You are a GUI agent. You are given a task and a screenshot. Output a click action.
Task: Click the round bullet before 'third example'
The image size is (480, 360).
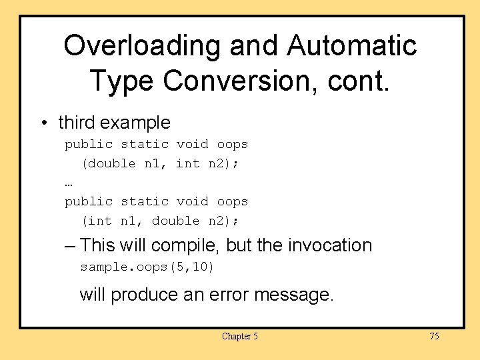[43, 123]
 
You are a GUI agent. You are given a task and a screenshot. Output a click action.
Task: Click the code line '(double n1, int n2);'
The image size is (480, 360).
[160, 163]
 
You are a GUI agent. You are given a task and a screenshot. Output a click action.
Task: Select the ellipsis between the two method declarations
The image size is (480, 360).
[69, 183]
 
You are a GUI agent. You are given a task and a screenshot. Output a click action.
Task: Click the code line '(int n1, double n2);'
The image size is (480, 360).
[160, 221]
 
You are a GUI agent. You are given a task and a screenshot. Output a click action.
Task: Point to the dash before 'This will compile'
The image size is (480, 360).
[71, 245]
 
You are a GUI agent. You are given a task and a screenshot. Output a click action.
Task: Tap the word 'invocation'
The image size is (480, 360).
[330, 245]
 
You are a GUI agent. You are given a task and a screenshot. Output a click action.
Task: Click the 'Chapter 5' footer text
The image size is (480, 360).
[239, 336]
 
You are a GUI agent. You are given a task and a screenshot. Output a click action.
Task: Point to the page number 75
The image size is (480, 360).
[434, 336]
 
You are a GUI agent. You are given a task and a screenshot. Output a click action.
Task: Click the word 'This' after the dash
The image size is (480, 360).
[97, 245]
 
